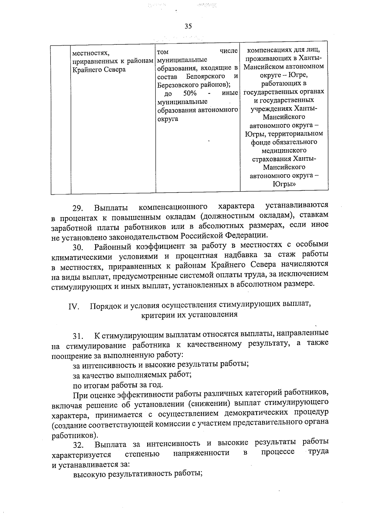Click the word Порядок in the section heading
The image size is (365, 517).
[105, 306]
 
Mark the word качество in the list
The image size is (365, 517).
[99, 374]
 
